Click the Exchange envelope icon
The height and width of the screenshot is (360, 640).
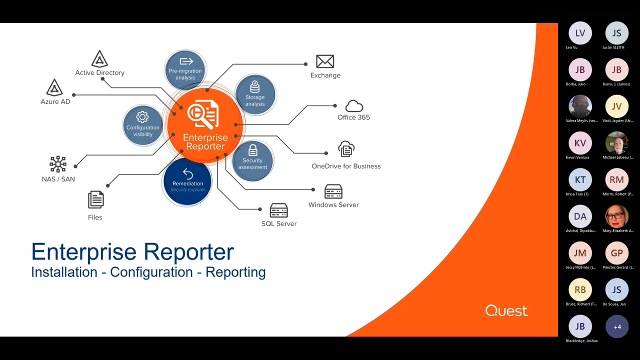[x=325, y=61]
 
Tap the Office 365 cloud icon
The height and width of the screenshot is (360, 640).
[x=354, y=106]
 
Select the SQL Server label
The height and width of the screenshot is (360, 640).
[x=279, y=223]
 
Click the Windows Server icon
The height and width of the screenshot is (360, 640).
[x=333, y=191]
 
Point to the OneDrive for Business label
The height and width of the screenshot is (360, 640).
[x=346, y=166]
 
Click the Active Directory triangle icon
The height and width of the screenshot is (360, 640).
[x=100, y=59]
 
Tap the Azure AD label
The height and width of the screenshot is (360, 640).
[x=55, y=101]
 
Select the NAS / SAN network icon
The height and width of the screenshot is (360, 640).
[x=58, y=164]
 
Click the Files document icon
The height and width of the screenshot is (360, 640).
[x=95, y=200]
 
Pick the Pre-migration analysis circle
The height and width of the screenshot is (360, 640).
[x=185, y=69]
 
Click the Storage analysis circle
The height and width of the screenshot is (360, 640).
[x=255, y=94]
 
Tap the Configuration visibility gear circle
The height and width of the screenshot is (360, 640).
[x=143, y=125]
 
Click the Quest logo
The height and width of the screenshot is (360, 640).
[x=506, y=310]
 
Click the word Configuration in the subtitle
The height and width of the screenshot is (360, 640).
[x=151, y=272]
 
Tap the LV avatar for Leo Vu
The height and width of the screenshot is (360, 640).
[x=580, y=33]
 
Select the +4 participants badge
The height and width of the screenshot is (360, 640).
[x=617, y=326]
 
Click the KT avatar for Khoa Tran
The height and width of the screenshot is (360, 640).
[x=580, y=180]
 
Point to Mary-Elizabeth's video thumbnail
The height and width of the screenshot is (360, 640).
[x=617, y=216]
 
